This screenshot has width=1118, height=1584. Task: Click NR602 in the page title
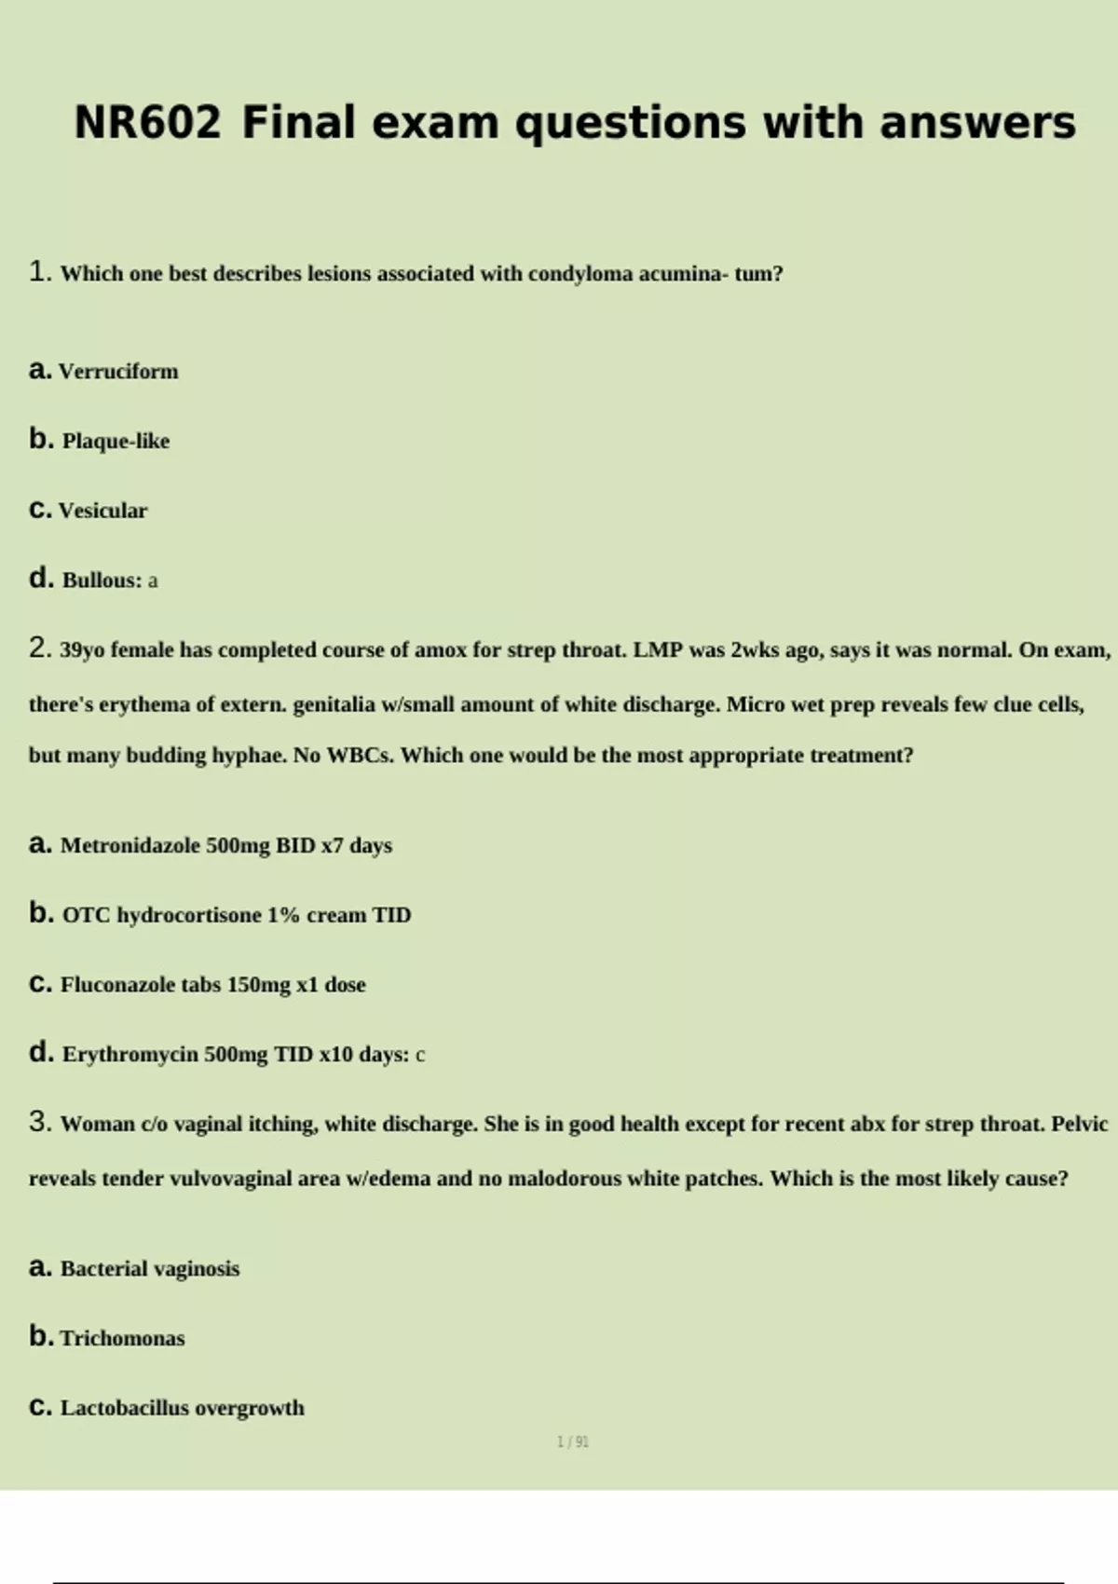[147, 123]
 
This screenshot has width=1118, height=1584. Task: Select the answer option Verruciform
[118, 372]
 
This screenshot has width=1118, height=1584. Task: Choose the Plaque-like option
[116, 441]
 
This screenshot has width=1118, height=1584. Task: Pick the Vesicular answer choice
[102, 511]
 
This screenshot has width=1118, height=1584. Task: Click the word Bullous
[102, 580]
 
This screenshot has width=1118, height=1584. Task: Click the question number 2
[39, 649]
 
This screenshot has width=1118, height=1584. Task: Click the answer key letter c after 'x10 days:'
[420, 1056]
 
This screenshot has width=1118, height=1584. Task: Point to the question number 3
[39, 1123]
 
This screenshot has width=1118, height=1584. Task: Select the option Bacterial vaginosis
[150, 1269]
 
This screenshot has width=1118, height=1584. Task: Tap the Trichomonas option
[122, 1339]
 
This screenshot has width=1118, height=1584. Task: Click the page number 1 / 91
[573, 1442]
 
